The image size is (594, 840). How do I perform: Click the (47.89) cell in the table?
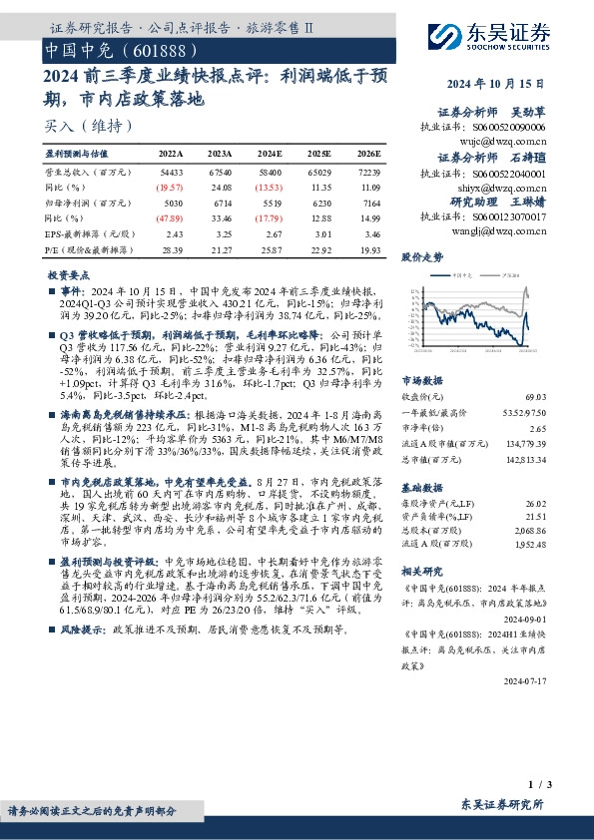tap(170, 216)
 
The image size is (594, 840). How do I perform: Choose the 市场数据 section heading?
tap(421, 380)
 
